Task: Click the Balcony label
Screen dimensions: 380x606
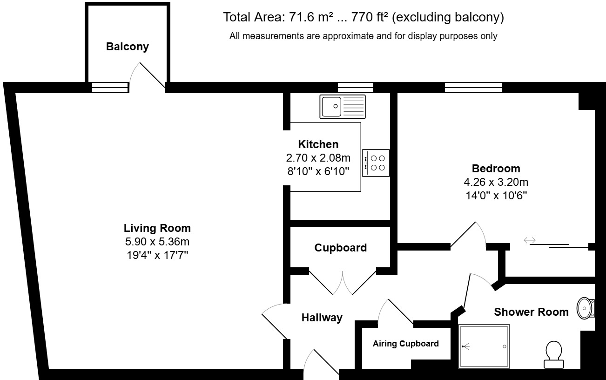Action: (127, 47)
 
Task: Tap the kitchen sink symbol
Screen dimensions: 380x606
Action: (343, 107)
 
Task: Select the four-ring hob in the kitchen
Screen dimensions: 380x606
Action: (376, 163)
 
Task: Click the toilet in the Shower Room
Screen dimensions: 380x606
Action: (554, 354)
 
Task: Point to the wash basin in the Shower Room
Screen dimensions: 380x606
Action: (585, 308)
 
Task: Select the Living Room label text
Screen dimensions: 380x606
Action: (157, 228)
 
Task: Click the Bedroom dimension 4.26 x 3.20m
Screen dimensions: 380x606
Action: (496, 182)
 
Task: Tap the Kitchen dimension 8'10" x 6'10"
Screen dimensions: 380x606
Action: (318, 171)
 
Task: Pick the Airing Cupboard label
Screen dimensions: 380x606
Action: (405, 344)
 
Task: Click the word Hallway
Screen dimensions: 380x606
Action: (322, 318)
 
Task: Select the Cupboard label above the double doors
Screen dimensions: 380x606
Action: (340, 248)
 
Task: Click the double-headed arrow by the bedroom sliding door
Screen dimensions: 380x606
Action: (530, 240)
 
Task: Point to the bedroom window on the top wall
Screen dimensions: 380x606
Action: (473, 87)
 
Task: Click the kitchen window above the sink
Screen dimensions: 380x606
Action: (355, 87)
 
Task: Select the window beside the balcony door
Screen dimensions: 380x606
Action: (109, 87)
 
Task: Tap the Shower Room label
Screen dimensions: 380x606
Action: (531, 312)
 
